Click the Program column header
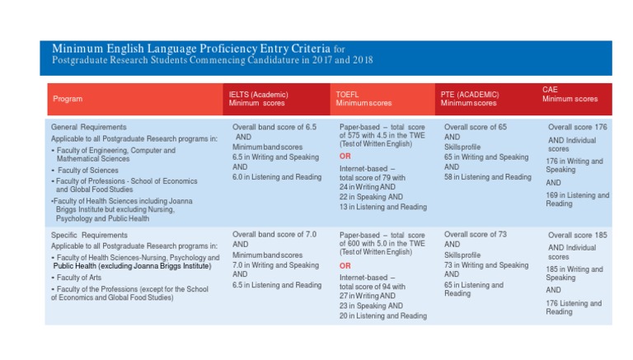pyautogui.click(x=68, y=99)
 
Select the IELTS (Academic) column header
pyautogui.click(x=258, y=99)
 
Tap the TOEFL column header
pyautogui.click(x=363, y=99)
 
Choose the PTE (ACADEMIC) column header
pyautogui.click(x=470, y=99)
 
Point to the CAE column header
pyautogui.click(x=570, y=95)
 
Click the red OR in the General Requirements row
pyautogui.click(x=345, y=157)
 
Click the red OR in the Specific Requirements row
pyautogui.click(x=345, y=265)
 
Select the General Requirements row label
pyautogui.click(x=88, y=127)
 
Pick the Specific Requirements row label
pyautogui.click(x=89, y=235)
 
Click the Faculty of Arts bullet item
pyautogui.click(x=77, y=278)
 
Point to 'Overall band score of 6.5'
pyautogui.click(x=274, y=127)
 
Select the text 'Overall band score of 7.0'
pyautogui.click(x=274, y=235)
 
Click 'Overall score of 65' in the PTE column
pyautogui.click(x=475, y=127)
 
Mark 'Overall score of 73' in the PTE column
pyautogui.click(x=475, y=235)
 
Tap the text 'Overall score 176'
pyautogui.click(x=577, y=127)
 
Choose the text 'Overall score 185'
pyautogui.click(x=577, y=235)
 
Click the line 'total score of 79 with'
pyautogui.click(x=373, y=178)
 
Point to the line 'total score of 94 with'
pyautogui.click(x=373, y=287)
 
